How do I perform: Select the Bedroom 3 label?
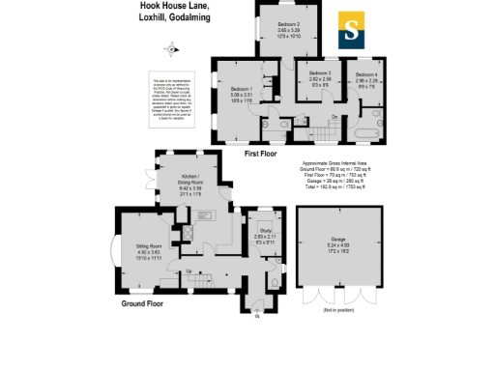[318, 73]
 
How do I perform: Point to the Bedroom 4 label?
[367, 73]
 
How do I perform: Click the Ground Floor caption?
[142, 303]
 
